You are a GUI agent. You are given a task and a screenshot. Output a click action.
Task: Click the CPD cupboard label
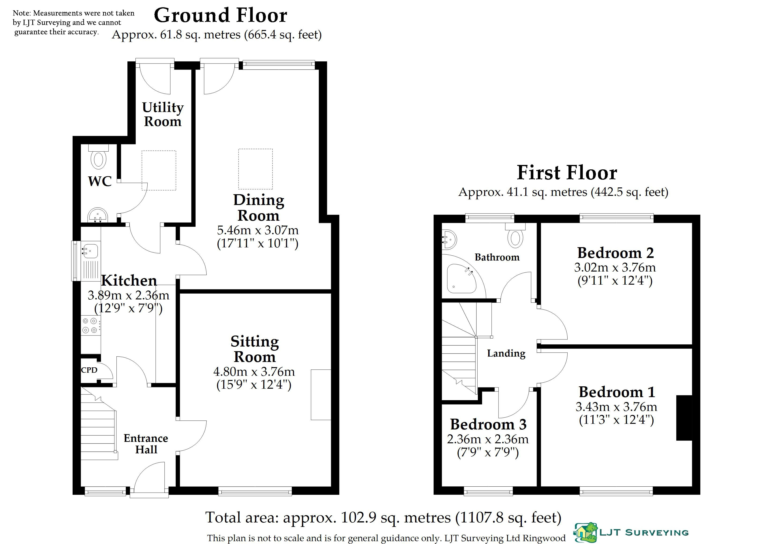coord(89,370)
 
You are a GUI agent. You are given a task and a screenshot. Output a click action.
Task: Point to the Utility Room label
coord(163,115)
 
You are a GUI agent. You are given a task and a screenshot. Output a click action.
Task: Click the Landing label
coord(506,354)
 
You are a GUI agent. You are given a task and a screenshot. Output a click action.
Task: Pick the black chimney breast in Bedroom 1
coord(684,418)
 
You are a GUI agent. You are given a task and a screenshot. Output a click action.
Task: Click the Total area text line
coord(383,517)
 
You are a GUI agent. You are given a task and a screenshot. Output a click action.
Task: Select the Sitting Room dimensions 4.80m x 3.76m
coord(254,372)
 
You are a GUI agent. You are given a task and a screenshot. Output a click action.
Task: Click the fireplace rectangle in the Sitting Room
coord(321,395)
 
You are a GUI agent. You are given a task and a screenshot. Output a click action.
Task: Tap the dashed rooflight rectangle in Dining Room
coord(255,169)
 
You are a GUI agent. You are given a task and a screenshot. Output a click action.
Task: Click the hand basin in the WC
coord(98,215)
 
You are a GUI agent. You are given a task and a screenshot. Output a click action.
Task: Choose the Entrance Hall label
coord(146,444)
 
